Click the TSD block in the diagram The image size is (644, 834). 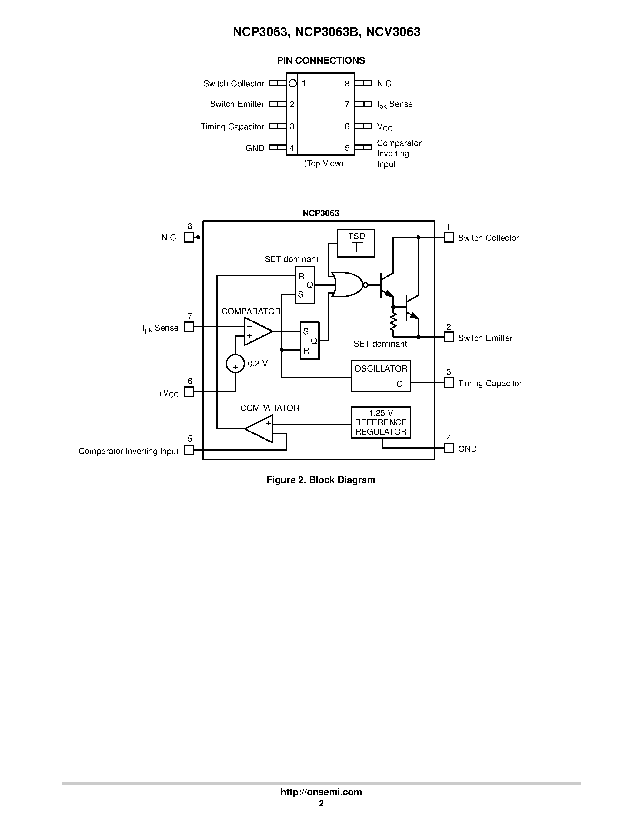(x=355, y=243)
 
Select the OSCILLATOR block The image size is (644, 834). (x=380, y=376)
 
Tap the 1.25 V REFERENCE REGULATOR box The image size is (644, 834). (x=380, y=422)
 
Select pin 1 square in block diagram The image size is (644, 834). (x=449, y=237)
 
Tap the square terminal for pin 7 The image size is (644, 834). (x=189, y=327)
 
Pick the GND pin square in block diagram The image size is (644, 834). (x=449, y=448)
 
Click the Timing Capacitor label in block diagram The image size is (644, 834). (x=489, y=383)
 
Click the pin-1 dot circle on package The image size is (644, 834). (x=293, y=83)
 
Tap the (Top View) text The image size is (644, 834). (x=324, y=163)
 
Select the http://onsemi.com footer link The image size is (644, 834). (x=321, y=792)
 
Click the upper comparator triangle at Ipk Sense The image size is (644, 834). (x=257, y=331)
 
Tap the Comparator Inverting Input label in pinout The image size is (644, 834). (x=399, y=153)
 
